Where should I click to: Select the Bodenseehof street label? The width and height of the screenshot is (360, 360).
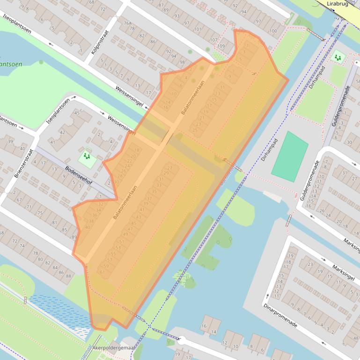pyautogui.click(x=79, y=176)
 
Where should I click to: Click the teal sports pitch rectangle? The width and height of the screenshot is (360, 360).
pyautogui.click(x=290, y=157)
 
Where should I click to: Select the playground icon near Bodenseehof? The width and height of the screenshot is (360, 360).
pyautogui.click(x=86, y=157)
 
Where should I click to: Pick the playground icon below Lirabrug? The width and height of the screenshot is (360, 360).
pyautogui.click(x=337, y=58)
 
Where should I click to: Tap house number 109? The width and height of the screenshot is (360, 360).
pyautogui.click(x=220, y=46)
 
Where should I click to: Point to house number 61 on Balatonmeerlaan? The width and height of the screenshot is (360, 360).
pyautogui.click(x=102, y=272)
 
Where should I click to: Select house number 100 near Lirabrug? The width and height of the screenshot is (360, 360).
pyautogui.click(x=273, y=31)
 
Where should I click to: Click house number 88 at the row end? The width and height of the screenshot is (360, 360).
pyautogui.click(x=68, y=276)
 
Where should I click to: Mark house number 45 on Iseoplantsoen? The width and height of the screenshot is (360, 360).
pyautogui.click(x=77, y=113)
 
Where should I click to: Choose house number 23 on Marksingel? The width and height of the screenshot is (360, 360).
pyautogui.click(x=309, y=265)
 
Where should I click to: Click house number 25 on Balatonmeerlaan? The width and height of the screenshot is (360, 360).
pyautogui.click(x=195, y=130)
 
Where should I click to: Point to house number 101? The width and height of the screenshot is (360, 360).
pyautogui.click(x=197, y=29)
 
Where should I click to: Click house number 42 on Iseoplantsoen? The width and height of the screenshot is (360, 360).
pyautogui.click(x=62, y=133)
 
